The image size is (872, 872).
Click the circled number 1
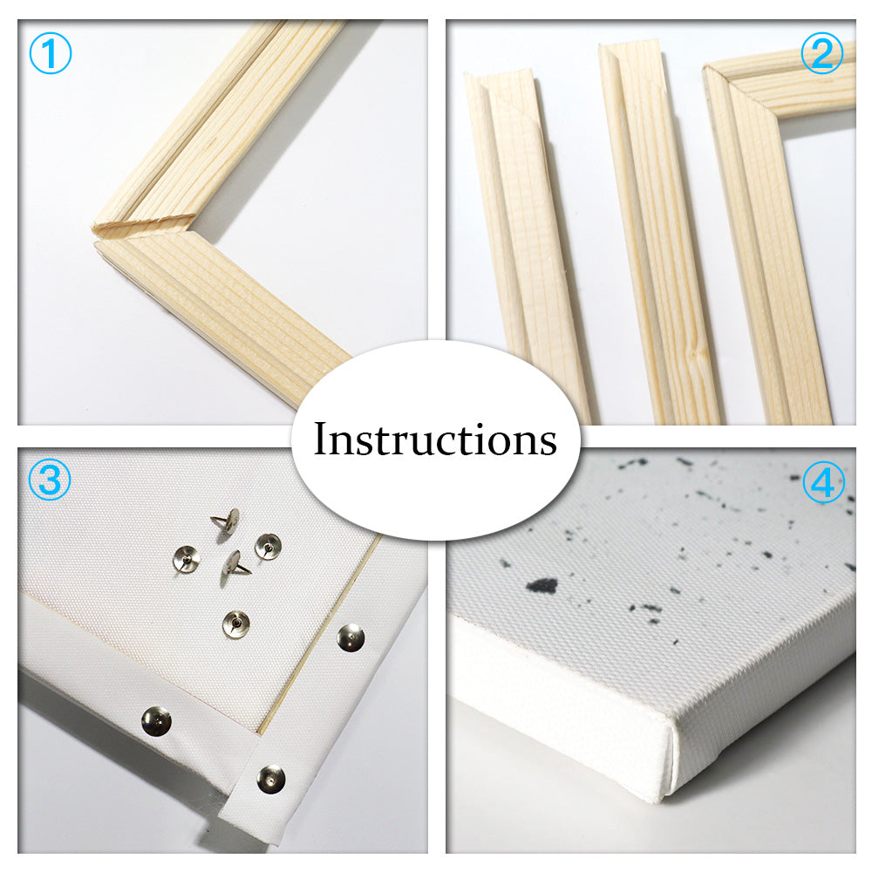point(50,53)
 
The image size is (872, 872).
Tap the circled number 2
point(822,53)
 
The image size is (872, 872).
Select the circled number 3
point(50,480)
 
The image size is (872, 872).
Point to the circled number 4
point(824,482)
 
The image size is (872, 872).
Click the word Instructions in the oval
point(435,439)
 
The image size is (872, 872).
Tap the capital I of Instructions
point(322,439)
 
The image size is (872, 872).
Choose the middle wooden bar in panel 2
point(659,234)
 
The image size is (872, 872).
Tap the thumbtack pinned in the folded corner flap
point(271,779)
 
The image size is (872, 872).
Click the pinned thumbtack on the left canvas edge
point(156,721)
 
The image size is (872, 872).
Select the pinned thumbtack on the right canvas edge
point(351,637)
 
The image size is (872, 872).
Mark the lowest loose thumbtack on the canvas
point(235,623)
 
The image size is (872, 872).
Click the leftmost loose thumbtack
point(187,558)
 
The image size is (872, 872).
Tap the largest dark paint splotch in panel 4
point(542,585)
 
